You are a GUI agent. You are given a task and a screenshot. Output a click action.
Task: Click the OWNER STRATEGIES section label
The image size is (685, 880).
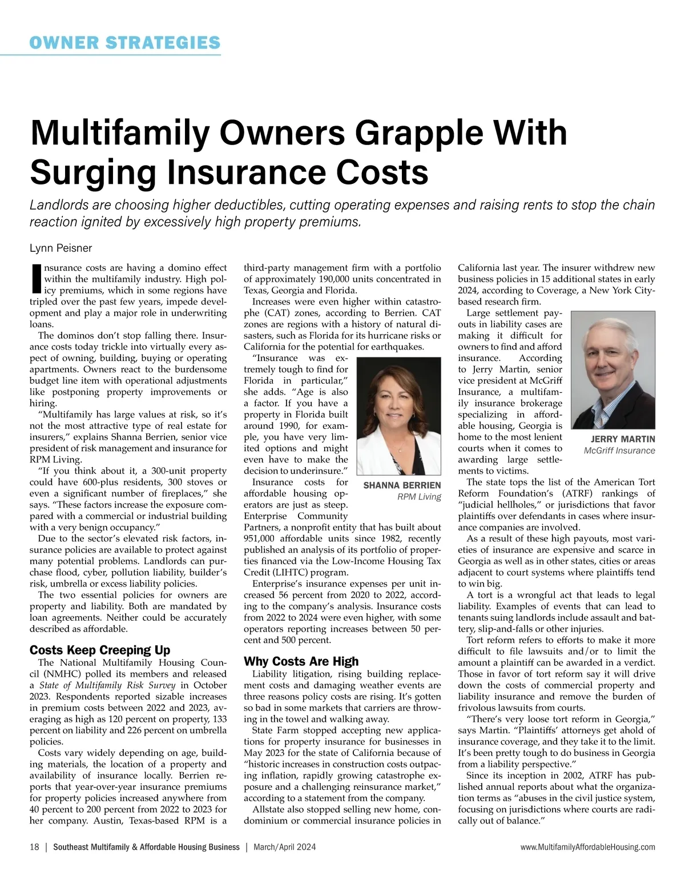click(125, 42)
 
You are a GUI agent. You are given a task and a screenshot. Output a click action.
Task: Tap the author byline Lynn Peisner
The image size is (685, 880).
click(61, 248)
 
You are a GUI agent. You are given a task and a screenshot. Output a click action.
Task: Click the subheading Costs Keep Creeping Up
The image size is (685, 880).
click(100, 650)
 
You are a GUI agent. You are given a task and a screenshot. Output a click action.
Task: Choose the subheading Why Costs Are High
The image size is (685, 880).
click(301, 661)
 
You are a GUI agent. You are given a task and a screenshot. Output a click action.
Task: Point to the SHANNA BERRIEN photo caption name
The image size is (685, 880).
click(402, 485)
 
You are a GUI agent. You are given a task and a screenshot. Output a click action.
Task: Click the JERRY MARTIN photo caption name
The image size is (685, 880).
click(623, 439)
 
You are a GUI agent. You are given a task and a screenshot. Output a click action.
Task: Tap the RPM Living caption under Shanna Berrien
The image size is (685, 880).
click(419, 497)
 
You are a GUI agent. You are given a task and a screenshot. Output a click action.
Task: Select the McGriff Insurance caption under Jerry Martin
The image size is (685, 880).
click(619, 451)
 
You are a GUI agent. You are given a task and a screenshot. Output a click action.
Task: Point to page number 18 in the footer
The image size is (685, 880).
click(34, 847)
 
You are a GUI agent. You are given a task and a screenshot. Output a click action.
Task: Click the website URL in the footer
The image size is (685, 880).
click(588, 847)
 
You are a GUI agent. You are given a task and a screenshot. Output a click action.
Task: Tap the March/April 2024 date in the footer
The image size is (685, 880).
click(284, 847)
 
